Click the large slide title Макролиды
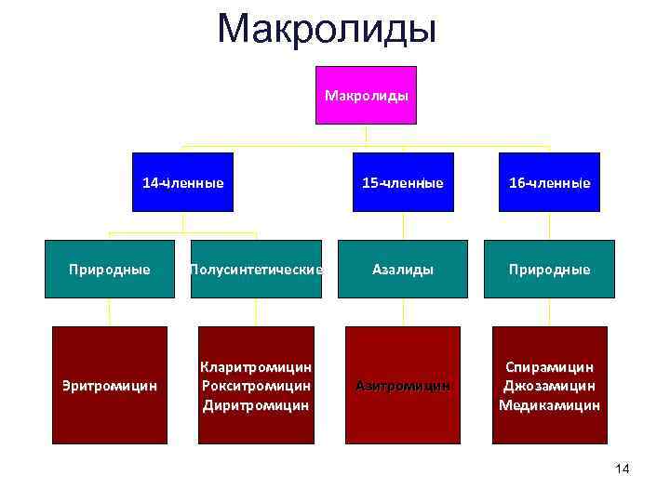tap(327, 29)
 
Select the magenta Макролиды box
tap(366, 95)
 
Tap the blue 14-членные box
tap(182, 182)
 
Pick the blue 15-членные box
tap(403, 182)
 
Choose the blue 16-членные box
tap(549, 182)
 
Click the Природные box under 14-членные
tap(110, 269)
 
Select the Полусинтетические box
tap(256, 269)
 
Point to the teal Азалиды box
tap(403, 269)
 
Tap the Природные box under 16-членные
tap(549, 269)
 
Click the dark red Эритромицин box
tap(110, 384)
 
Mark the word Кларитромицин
tap(256, 367)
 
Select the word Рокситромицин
tap(256, 386)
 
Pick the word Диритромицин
tap(256, 405)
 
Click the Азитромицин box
tap(403, 384)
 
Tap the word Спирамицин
tap(549, 367)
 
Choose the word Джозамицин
tap(549, 386)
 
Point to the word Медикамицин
tap(549, 405)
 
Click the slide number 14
tap(623, 469)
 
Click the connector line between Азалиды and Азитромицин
tap(403, 312)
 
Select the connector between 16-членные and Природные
tap(549, 226)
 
